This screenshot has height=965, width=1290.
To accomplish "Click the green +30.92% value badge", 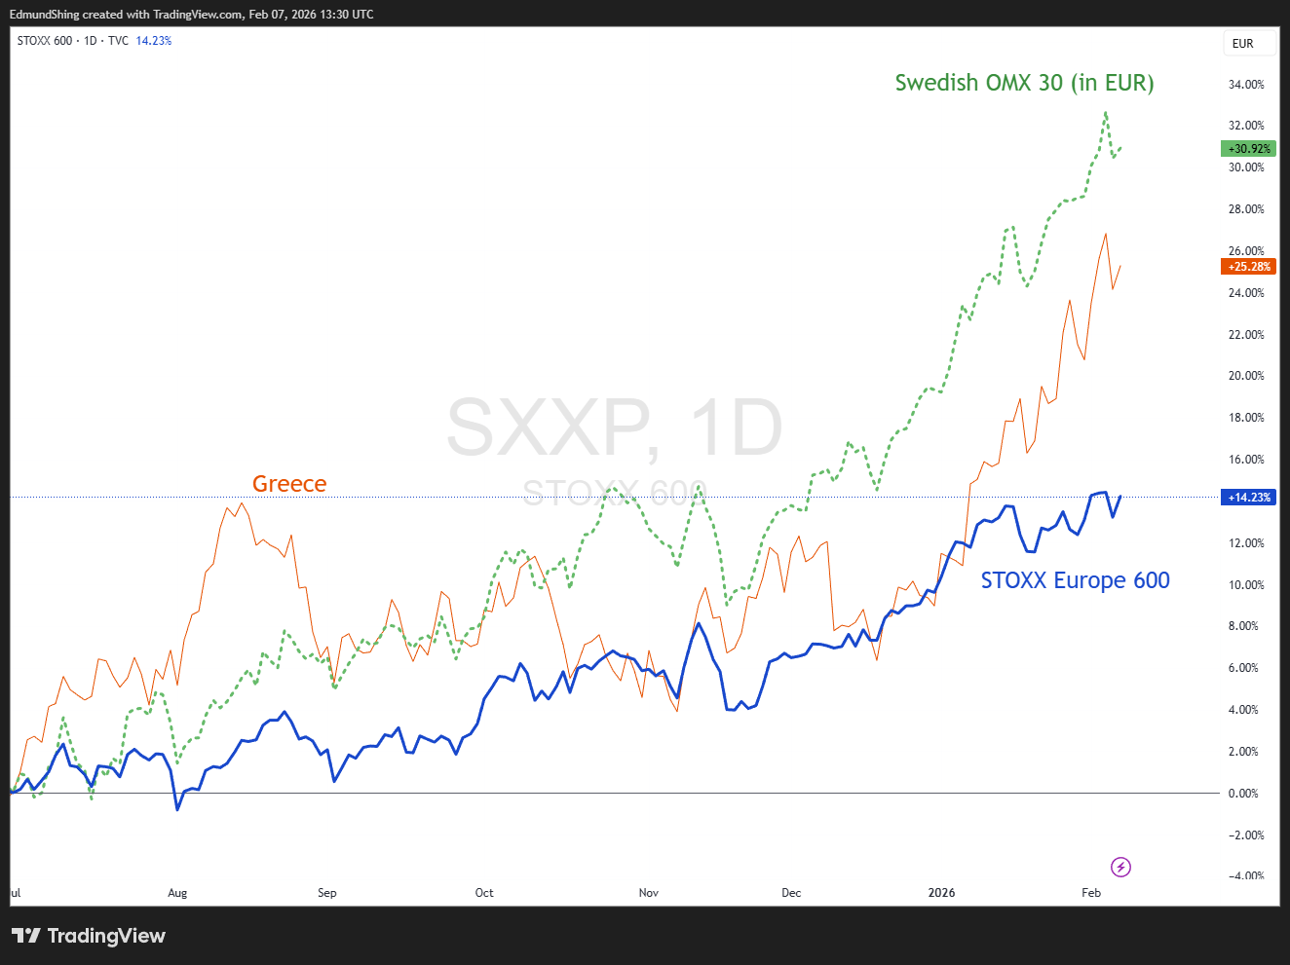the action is click(x=1248, y=149).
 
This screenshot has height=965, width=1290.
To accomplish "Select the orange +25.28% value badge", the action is click(x=1248, y=267).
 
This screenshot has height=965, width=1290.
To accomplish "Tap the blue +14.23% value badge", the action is click(x=1248, y=498).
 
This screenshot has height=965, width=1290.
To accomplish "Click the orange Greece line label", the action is click(x=289, y=484).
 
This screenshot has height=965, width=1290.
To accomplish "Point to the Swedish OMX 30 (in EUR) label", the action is click(x=1024, y=83).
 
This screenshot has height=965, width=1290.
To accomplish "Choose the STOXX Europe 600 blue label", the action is click(x=1075, y=580).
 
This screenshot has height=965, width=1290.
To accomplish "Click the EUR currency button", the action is click(x=1242, y=44).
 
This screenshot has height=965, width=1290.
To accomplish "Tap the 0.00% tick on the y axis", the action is click(x=1243, y=794).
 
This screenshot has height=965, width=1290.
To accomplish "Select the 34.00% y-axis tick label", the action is click(x=1246, y=85).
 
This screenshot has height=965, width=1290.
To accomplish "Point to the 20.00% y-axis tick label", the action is click(x=1246, y=376).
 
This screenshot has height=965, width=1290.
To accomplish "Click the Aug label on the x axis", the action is click(x=177, y=893).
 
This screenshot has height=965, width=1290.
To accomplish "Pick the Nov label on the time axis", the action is click(x=648, y=893).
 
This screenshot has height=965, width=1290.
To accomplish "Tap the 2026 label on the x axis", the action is click(x=941, y=893).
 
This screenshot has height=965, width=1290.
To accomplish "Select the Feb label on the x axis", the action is click(x=1091, y=893).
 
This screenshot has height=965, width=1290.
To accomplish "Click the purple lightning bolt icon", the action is click(x=1120, y=867).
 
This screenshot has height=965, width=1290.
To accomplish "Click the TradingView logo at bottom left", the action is click(x=88, y=936).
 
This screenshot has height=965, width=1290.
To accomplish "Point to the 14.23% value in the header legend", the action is click(x=153, y=41).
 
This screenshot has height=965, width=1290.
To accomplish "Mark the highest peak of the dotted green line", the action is click(x=1106, y=112).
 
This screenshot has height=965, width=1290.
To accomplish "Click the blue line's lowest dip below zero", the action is click(x=177, y=810).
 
